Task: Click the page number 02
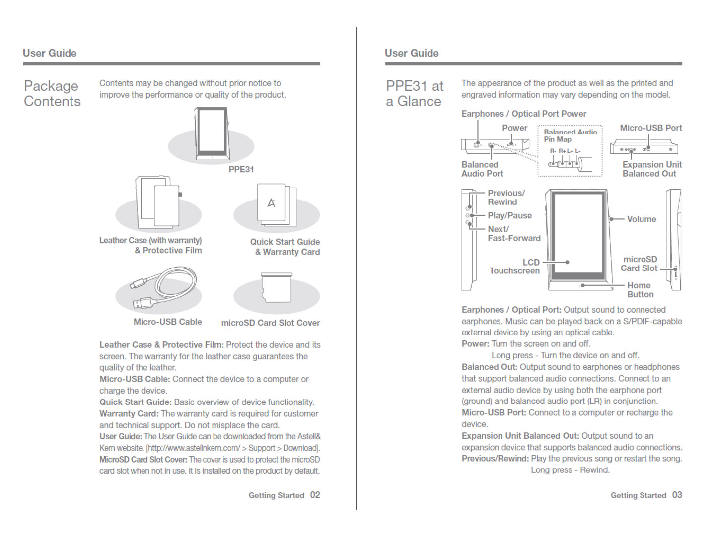click(x=315, y=495)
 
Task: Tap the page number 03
click(x=677, y=495)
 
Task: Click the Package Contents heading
click(x=52, y=93)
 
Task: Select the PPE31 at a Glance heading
click(x=415, y=93)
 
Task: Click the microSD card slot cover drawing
click(x=277, y=288)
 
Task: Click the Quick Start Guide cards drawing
click(x=277, y=204)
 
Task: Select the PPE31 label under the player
click(x=241, y=169)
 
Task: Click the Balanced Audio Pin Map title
click(x=570, y=135)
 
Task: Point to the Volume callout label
click(x=642, y=219)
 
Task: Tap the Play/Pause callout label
click(x=509, y=215)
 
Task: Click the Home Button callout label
click(x=640, y=290)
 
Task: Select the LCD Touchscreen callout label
click(x=515, y=267)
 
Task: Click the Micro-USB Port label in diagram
click(x=650, y=128)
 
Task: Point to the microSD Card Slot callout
click(x=640, y=264)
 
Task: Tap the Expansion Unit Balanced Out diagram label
click(x=651, y=169)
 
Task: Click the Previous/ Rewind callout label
click(x=506, y=198)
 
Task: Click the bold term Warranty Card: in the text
click(x=129, y=413)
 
